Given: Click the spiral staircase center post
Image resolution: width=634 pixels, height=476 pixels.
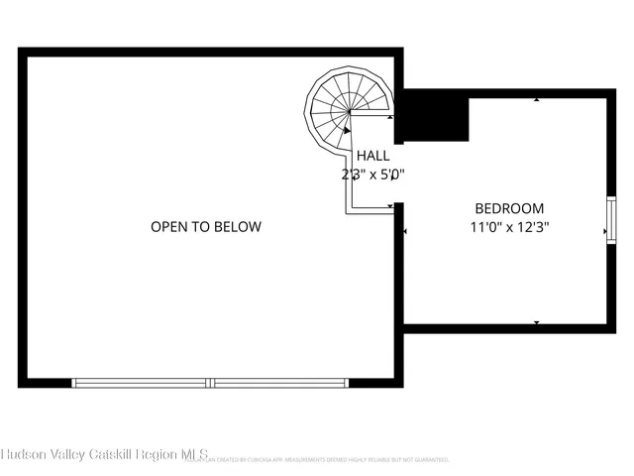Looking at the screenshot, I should [x=351, y=112].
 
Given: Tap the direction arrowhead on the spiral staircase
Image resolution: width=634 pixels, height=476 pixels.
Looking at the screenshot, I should [x=346, y=128].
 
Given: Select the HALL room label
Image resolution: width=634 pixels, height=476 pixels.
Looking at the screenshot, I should [x=372, y=156].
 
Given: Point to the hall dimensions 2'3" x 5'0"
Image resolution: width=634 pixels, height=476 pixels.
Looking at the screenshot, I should [x=371, y=175].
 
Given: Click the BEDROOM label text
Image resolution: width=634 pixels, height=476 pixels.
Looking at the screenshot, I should [x=509, y=208].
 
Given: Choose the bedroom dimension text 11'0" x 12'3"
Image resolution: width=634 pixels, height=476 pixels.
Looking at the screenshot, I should [x=509, y=226].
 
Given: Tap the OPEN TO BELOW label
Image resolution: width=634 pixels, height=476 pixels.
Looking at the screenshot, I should [x=206, y=227].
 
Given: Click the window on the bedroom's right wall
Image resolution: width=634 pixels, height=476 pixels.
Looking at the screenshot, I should [x=611, y=217].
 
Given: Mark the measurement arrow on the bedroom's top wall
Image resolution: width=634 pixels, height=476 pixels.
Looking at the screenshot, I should [x=536, y=100].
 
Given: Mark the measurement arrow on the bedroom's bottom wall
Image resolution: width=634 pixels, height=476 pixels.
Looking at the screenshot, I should [x=536, y=322].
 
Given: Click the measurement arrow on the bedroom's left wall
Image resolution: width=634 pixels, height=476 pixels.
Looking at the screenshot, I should [x=406, y=232].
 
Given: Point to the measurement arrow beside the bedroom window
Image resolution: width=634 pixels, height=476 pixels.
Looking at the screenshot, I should [x=604, y=232].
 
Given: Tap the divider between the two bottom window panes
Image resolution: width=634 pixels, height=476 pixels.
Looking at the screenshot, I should [x=212, y=382].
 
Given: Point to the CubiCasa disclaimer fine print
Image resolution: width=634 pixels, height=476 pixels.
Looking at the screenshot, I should [x=327, y=460].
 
